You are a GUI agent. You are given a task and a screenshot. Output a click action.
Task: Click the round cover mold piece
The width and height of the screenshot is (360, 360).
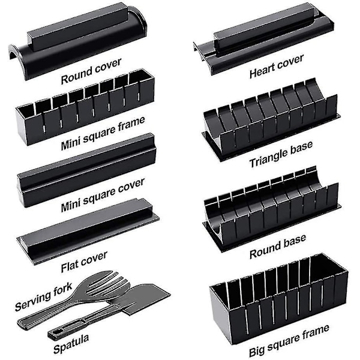[77, 41]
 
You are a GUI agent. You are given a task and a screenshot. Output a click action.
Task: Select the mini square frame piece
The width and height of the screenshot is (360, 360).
[85, 107]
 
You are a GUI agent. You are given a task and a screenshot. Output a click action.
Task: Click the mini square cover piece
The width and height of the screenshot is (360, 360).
[87, 170]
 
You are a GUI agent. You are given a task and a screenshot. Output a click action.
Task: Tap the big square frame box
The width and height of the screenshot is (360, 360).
[279, 298]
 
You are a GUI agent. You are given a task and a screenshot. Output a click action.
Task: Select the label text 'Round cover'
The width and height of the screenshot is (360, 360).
[91, 71]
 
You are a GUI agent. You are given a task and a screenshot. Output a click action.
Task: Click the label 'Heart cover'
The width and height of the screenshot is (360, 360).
[277, 66]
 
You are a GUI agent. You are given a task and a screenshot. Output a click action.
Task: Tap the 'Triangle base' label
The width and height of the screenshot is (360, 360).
[281, 154]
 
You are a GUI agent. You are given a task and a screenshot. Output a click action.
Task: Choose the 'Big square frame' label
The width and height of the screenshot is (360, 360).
[289, 340]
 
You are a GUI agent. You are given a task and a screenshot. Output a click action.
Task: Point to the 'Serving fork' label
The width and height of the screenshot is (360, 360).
[44, 296]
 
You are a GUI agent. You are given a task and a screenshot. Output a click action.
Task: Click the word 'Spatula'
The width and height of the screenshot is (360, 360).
[71, 344]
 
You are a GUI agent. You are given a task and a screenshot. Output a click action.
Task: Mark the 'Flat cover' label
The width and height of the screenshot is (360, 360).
[84, 262]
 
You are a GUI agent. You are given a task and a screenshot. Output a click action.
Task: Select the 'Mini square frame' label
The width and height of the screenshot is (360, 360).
[103, 133]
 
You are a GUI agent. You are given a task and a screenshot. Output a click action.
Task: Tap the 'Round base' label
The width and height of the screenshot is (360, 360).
[278, 247]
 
